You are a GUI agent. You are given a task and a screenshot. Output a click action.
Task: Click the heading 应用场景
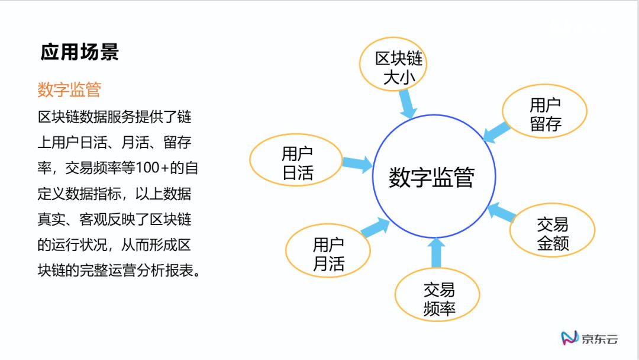[80, 52]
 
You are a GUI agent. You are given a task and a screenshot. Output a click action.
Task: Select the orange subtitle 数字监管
[69, 89]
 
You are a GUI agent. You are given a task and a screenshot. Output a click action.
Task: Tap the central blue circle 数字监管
[432, 176]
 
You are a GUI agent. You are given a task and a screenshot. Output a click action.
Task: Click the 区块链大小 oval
[396, 67]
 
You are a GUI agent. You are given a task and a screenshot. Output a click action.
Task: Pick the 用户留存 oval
[544, 114]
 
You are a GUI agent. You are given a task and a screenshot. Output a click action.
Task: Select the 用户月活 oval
[328, 253]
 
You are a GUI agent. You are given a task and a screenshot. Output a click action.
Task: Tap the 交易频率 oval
[438, 298]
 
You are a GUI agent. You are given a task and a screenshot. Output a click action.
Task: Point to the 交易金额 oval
[553, 233]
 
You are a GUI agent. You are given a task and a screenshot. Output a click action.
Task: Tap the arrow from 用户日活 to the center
[357, 163]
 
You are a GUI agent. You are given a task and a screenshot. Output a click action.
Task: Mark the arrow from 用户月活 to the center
[375, 227]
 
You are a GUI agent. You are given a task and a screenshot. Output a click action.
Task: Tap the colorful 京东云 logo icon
[569, 338]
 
